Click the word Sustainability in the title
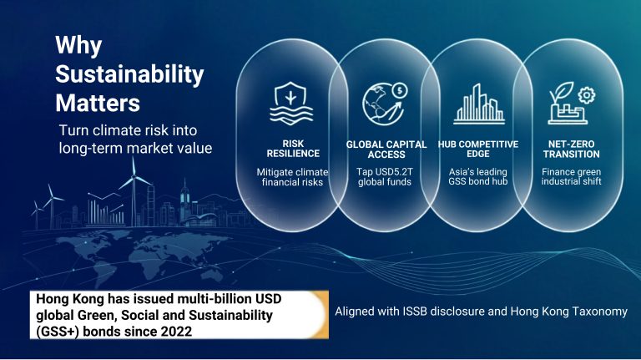coord(129,75)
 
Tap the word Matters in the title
coord(98,103)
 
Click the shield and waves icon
coord(291,103)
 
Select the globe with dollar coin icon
coord(385,104)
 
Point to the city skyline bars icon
coord(479,104)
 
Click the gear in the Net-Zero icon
coord(587,95)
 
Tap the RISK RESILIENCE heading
coord(293,149)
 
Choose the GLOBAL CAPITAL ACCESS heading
coord(386,150)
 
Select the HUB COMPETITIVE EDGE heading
coord(478,149)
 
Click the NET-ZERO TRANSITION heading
coord(571,149)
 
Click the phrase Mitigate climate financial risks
coord(292,177)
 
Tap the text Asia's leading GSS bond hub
coord(478,176)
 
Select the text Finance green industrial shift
coord(571,176)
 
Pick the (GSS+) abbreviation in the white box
coord(58,332)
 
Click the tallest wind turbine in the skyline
coord(134,191)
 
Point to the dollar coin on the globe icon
coord(401,90)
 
